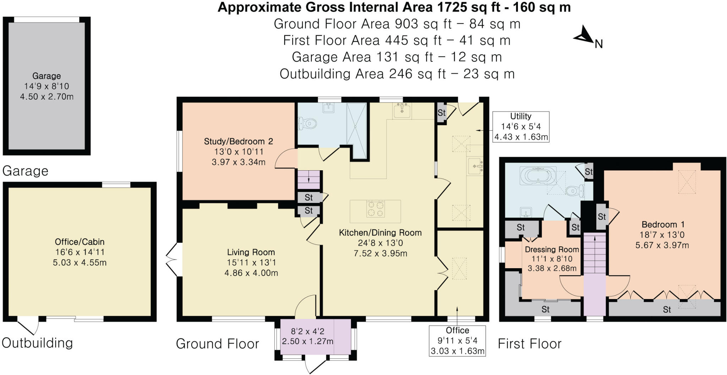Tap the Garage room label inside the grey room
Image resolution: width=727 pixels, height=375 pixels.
pyautogui.click(x=47, y=76)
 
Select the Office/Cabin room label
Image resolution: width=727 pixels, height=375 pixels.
pyautogui.click(x=80, y=242)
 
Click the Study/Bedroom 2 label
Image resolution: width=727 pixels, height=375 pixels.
pyautogui.click(x=238, y=142)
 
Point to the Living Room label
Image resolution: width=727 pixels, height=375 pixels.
pyautogui.click(x=251, y=252)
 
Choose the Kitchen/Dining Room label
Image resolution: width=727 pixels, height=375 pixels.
pyautogui.click(x=380, y=233)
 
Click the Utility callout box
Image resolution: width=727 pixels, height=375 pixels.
pyautogui.click(x=521, y=127)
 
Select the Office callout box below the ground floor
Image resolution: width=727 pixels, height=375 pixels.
pyautogui.click(x=457, y=341)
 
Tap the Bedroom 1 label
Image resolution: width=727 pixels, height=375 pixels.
pyautogui.click(x=663, y=225)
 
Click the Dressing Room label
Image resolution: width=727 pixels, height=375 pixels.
pyautogui.click(x=552, y=249)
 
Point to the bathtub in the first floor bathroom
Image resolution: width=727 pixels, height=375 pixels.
pyautogui.click(x=538, y=176)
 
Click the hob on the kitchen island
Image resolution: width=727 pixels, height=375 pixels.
pyautogui.click(x=376, y=209)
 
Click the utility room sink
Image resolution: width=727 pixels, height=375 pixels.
pyautogui.click(x=476, y=166)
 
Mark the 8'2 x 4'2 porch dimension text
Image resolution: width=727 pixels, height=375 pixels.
pyautogui.click(x=307, y=331)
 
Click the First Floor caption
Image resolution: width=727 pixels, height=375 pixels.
pyautogui.click(x=530, y=344)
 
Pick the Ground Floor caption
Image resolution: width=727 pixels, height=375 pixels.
pyautogui.click(x=218, y=344)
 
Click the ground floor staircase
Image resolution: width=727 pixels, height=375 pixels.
pyautogui.click(x=309, y=180)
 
